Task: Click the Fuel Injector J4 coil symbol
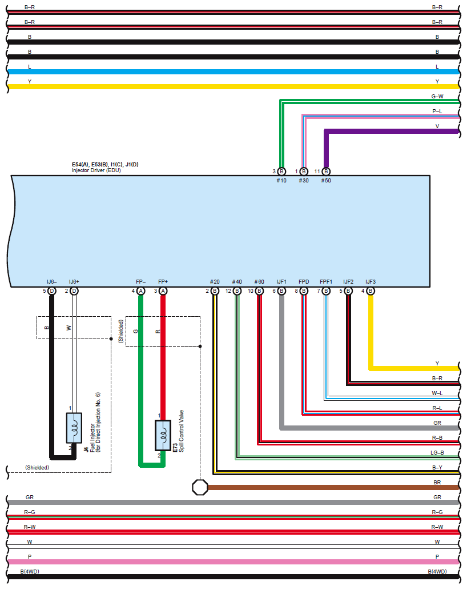coord(74,428)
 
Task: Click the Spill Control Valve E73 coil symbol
coord(163,435)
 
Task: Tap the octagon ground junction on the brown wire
coord(200,488)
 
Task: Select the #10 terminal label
coord(281,181)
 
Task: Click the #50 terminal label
coord(326,181)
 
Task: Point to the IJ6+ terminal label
coord(74,282)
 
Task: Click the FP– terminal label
coord(140,282)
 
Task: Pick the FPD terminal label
coord(304,282)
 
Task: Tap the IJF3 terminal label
coord(370,282)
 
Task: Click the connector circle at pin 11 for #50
coord(327,172)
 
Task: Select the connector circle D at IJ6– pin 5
coord(52,291)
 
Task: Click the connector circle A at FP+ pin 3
coord(163,291)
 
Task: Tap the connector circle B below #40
coord(237,291)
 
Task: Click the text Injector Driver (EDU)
coord(96,170)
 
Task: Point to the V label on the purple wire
coord(437,126)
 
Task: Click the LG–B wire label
coord(437,453)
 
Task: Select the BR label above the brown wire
coord(437,482)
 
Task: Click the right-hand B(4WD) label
coord(437,572)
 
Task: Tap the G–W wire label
coord(437,97)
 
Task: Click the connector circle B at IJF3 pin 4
coord(371,291)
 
